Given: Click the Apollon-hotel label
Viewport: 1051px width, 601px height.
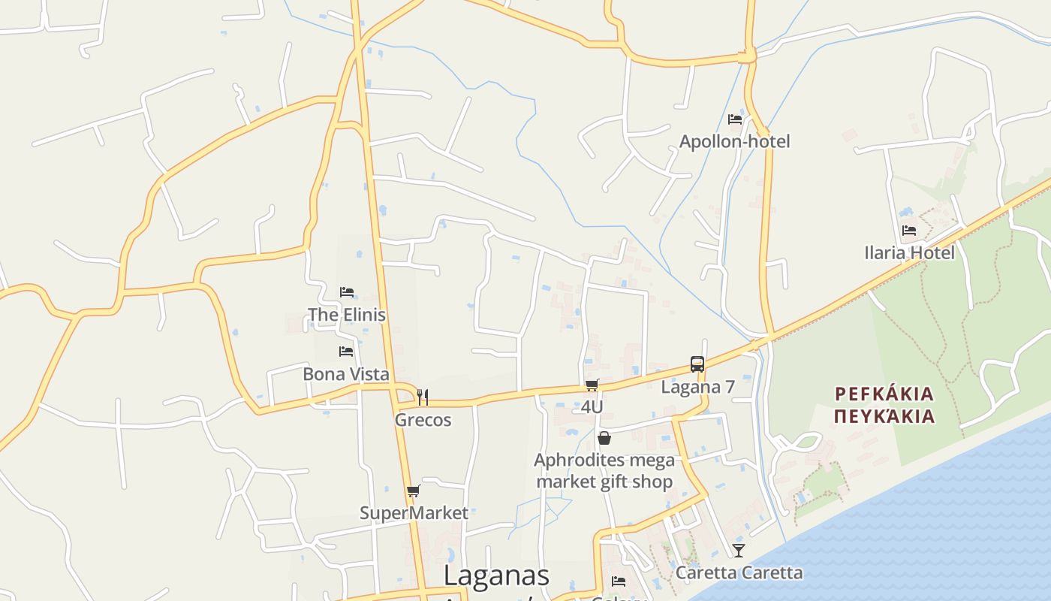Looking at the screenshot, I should tap(734, 141).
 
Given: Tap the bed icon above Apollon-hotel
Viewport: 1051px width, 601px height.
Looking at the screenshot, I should tap(735, 119).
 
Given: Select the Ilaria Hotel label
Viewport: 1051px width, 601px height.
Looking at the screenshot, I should tap(909, 252).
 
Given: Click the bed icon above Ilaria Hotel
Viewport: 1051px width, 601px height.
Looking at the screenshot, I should tap(909, 231).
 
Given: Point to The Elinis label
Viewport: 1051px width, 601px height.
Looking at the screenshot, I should tap(347, 314).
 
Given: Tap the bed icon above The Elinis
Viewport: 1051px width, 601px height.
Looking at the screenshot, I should tap(346, 291).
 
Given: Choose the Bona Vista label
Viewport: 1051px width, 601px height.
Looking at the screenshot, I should tap(346, 373).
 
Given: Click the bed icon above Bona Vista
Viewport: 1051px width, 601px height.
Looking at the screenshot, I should tap(346, 351).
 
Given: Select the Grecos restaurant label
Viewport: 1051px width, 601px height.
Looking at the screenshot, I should tap(423, 420).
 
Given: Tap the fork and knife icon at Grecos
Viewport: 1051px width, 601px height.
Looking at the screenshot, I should tap(423, 397).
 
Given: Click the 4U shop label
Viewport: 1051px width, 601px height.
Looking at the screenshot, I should tap(592, 407).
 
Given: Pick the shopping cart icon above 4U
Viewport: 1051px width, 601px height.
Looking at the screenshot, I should tap(592, 385).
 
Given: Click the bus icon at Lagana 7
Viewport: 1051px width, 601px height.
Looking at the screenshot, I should tap(697, 364).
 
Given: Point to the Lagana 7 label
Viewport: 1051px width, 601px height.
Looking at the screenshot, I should tap(697, 387).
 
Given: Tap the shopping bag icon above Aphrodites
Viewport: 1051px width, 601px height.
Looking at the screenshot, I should tap(604, 438).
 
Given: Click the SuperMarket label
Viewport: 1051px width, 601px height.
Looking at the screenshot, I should tap(414, 513).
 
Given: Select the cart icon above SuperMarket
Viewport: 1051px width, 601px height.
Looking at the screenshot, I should tap(413, 491).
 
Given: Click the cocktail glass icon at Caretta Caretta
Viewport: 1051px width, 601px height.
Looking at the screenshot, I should tap(739, 551).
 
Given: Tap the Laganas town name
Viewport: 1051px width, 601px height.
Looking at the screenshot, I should tap(496, 575).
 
